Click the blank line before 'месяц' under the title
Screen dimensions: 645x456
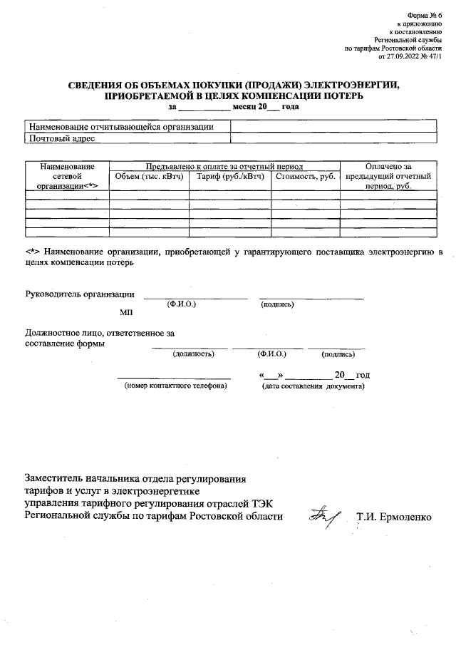coord(204,108)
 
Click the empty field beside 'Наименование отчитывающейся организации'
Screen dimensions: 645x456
coord(333,126)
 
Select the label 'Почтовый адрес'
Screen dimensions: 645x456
coord(61,138)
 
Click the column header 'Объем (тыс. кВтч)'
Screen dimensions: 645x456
coord(149,175)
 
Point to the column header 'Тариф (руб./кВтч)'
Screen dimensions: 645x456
coord(230,175)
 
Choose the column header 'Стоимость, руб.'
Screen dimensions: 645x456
coord(305,175)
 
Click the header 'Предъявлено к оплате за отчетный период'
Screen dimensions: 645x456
coord(224,165)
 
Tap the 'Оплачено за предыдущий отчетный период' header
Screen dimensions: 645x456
coord(388,175)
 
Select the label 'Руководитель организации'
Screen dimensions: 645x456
coord(80,294)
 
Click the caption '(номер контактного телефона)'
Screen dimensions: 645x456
coord(175,386)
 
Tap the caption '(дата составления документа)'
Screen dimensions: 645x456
coord(313,386)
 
